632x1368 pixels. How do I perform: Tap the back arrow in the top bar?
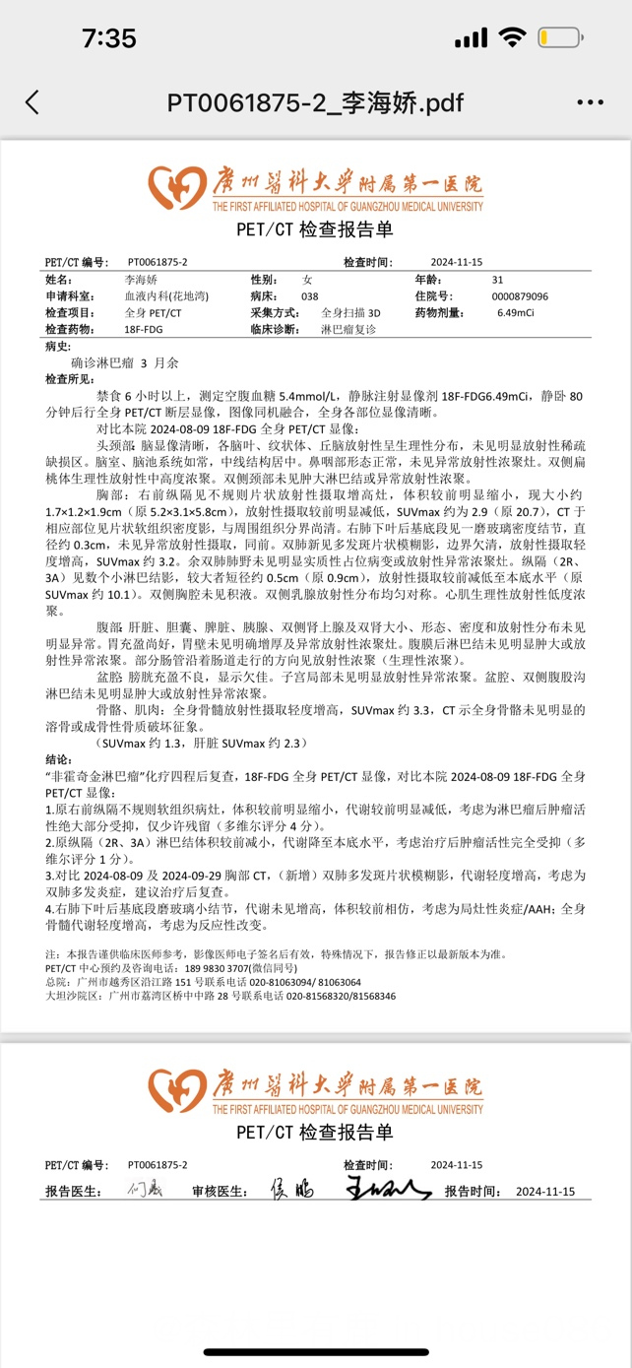pos(32,102)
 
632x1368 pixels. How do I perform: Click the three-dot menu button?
pos(590,102)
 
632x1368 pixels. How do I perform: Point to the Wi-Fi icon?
pos(511,38)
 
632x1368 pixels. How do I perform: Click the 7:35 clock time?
pos(108,38)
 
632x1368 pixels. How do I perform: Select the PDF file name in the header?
pos(315,102)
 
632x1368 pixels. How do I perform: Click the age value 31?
pos(497,280)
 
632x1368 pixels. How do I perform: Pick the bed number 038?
pos(310,295)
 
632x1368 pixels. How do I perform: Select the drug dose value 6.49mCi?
pos(516,312)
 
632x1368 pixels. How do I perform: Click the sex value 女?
pos(306,280)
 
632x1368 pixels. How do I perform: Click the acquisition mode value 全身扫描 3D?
pos(350,312)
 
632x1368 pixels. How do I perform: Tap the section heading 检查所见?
pos(71,379)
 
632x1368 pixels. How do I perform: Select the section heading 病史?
pos(58,346)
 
